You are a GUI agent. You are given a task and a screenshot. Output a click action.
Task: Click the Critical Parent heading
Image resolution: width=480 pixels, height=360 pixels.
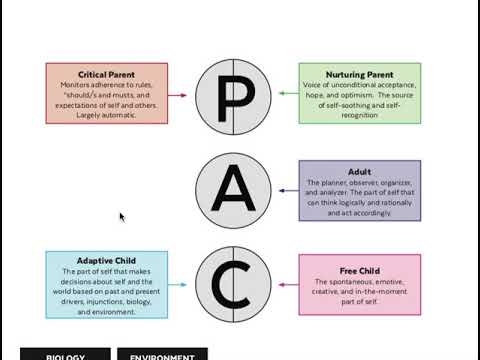[106, 74]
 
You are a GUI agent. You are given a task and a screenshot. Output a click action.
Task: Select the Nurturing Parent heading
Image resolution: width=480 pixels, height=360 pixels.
[358, 74]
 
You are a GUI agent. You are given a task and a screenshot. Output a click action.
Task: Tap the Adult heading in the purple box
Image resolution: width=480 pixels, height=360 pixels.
[358, 171]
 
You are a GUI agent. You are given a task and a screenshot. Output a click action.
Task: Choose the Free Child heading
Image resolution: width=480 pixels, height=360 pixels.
[358, 269]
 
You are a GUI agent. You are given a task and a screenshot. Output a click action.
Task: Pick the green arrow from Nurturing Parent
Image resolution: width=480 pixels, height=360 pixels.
[285, 95]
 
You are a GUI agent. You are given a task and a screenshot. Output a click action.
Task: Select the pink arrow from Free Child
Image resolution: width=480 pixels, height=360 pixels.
[285, 284]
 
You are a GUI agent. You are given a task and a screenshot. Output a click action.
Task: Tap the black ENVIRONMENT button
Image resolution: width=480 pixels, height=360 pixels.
[162, 354]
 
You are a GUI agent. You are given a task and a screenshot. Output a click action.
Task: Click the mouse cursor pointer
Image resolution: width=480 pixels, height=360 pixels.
[122, 217]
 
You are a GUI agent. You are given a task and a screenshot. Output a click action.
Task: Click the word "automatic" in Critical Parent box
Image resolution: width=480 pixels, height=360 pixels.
[125, 115]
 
